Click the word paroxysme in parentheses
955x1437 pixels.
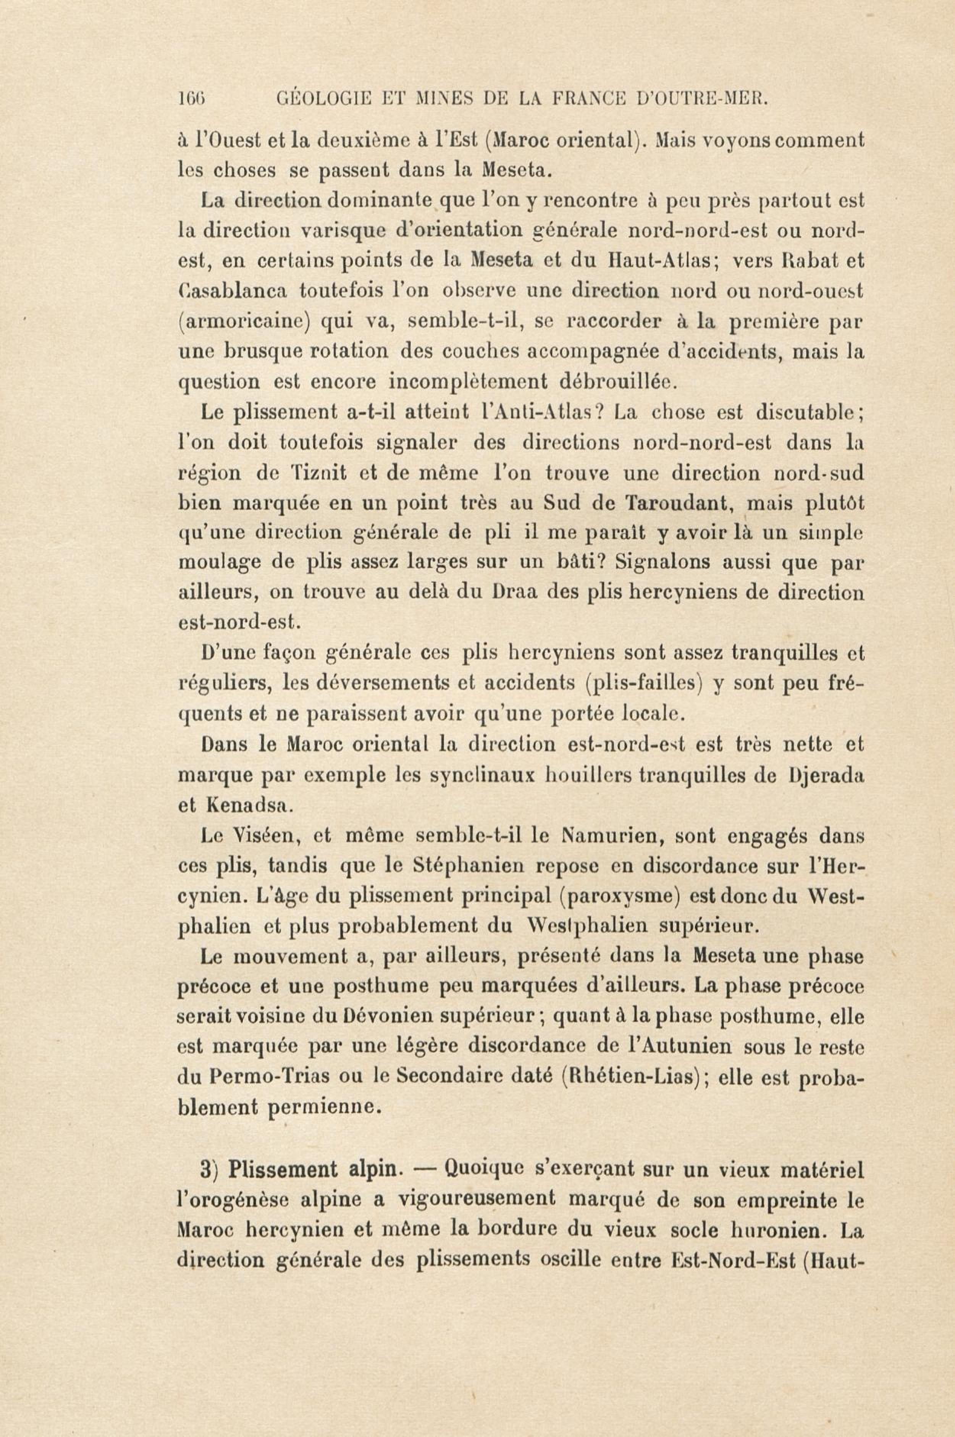(618, 898)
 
